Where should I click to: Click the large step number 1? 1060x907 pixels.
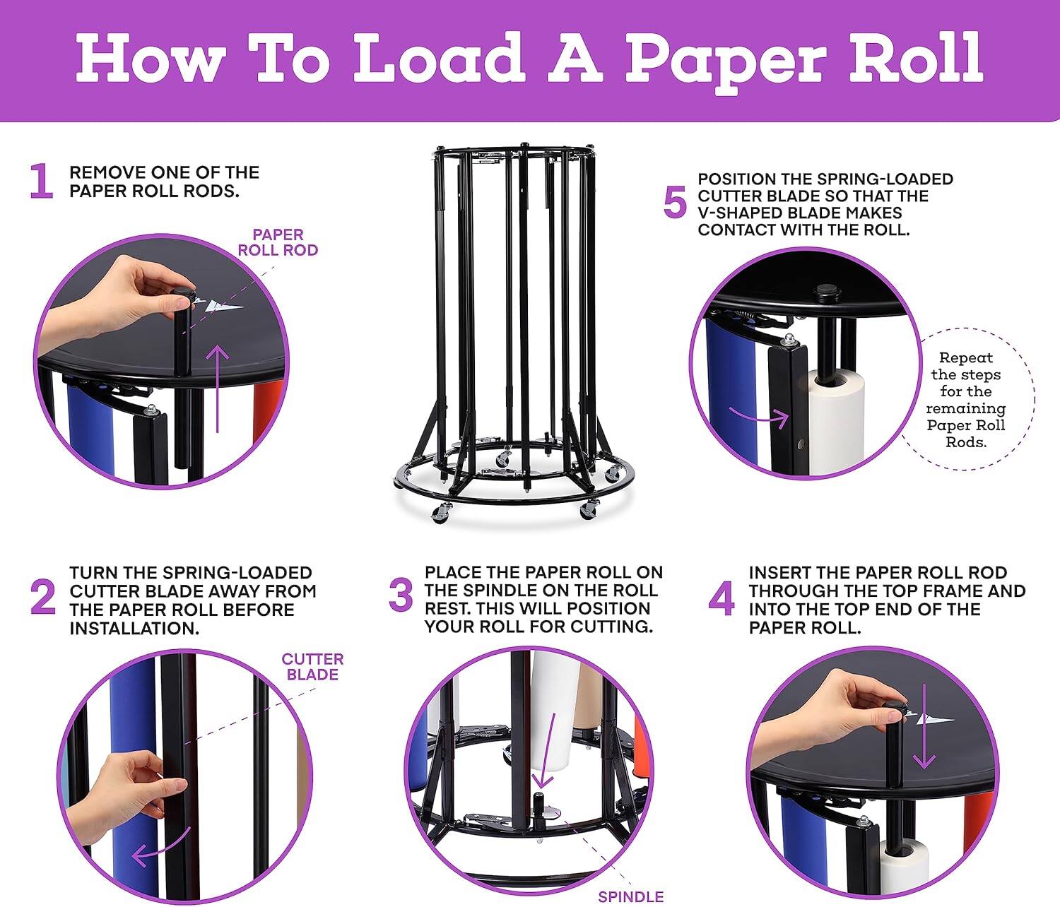point(42,182)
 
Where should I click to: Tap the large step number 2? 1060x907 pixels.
point(43,598)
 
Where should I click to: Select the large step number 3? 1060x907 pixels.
point(401,595)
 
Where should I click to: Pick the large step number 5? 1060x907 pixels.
point(675,203)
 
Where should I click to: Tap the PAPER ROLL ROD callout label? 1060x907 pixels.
point(278,242)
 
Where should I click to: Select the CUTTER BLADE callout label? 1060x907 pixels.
point(312,667)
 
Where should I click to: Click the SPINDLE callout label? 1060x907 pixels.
point(630,896)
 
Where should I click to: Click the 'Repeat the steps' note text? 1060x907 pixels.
point(965,400)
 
